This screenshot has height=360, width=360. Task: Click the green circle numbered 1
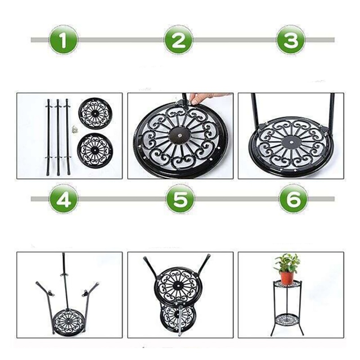63,40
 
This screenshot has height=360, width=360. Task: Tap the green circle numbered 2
179,40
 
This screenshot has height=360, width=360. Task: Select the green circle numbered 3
291,40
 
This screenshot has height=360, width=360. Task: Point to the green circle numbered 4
63,199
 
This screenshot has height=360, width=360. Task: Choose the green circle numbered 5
180,199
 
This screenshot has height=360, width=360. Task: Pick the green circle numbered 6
293,199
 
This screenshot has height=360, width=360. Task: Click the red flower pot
287,277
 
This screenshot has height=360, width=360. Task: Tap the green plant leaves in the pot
287,263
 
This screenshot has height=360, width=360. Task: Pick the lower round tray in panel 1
95,150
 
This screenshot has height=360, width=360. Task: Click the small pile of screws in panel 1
74,129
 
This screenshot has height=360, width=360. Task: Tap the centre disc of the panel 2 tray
180,135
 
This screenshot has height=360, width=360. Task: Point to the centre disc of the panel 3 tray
291,142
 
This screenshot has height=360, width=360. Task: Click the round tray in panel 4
68,321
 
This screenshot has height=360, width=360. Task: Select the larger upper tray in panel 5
178,286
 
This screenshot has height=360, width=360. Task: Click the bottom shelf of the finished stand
287,319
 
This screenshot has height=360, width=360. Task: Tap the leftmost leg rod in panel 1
48,137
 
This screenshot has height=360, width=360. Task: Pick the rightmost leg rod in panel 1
68,137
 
